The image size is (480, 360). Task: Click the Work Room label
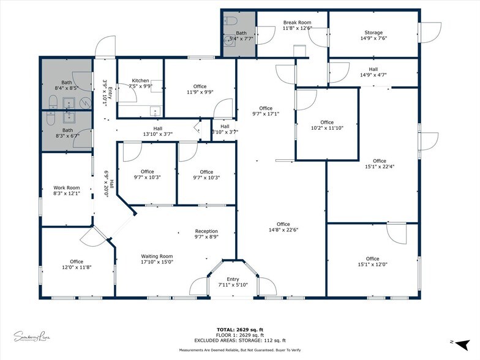(x=67, y=188)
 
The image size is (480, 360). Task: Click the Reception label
(x=206, y=231)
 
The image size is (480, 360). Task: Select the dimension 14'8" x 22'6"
(x=283, y=230)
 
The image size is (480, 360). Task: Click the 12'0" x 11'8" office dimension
(x=77, y=268)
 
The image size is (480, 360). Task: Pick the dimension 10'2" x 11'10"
(x=327, y=128)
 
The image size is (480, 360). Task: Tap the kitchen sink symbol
(x=156, y=112)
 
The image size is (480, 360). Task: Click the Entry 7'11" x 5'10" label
(x=233, y=282)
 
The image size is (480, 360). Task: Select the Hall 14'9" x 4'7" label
(x=373, y=72)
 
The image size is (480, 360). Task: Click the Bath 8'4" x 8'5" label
(x=67, y=85)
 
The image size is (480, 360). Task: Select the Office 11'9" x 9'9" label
(x=200, y=89)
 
